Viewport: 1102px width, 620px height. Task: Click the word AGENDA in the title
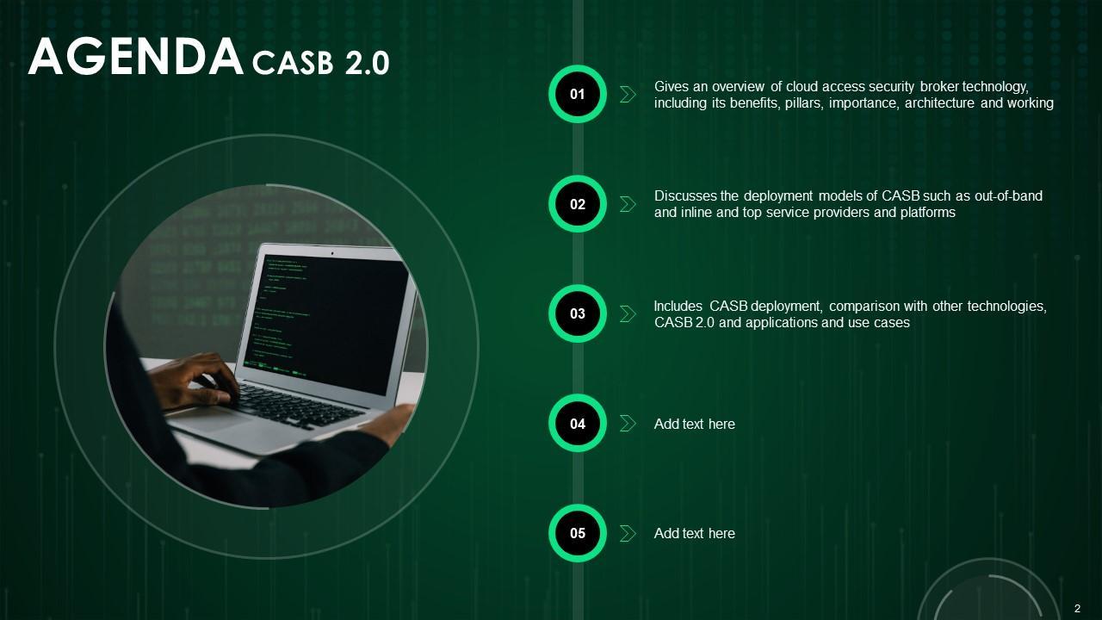[136, 57]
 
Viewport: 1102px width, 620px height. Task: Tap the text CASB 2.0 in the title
[320, 63]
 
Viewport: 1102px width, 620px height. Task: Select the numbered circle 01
[578, 94]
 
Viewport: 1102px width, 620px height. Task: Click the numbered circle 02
[578, 204]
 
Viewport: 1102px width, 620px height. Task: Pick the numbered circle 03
[578, 313]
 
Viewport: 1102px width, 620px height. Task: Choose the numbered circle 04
[578, 423]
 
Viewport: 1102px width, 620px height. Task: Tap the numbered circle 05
[578, 533]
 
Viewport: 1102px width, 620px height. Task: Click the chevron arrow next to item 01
[628, 94]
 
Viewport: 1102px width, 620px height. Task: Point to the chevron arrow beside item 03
[628, 313]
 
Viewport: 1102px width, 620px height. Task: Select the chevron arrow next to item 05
[628, 533]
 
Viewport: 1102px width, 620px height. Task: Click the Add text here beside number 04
[694, 424]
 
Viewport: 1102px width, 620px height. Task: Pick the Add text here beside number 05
[694, 533]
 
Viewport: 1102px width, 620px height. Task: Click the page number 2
[1077, 609]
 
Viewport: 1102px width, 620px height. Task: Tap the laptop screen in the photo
[328, 322]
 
